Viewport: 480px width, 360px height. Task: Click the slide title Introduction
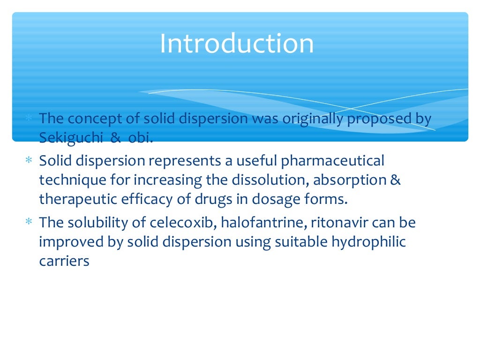[237, 44]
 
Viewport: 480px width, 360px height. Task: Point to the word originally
[313, 119]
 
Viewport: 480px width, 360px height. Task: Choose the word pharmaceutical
[332, 161]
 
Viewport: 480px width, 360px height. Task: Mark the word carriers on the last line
[64, 261]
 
